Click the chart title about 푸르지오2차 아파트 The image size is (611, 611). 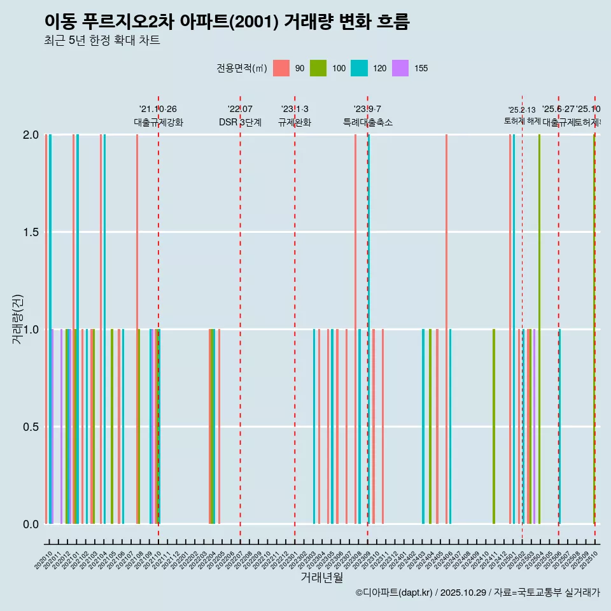tap(227, 22)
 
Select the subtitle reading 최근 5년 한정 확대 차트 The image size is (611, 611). tap(102, 41)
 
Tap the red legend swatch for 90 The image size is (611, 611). tap(281, 68)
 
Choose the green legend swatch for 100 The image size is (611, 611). tap(318, 68)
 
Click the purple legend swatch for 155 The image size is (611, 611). tap(400, 68)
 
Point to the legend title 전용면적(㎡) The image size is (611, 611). tap(242, 68)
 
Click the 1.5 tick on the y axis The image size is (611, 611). tap(29, 232)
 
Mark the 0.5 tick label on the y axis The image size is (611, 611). tap(29, 426)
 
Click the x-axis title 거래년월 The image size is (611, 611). tap(321, 577)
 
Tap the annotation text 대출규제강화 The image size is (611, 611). tap(158, 122)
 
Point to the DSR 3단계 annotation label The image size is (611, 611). tap(240, 122)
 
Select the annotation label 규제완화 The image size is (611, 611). tap(294, 122)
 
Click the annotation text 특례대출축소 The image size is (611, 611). tap(367, 122)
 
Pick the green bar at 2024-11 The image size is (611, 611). tap(494, 426)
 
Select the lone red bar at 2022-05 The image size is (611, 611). tap(219, 426)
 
